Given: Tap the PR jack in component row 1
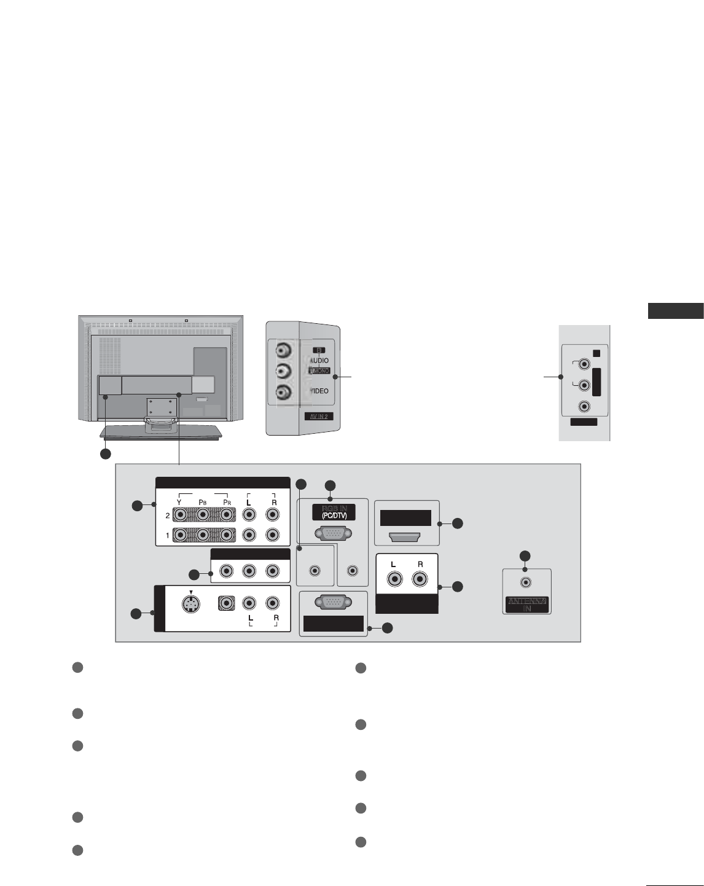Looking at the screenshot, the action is pyautogui.click(x=227, y=535).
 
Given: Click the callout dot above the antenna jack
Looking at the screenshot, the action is pyautogui.click(x=525, y=556).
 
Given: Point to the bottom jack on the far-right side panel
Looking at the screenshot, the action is pyautogui.click(x=584, y=406).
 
